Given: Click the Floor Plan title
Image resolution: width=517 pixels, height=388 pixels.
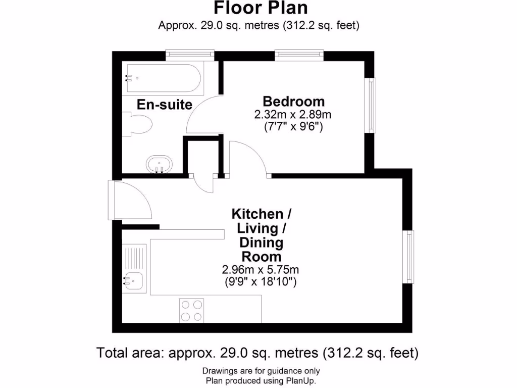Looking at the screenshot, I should [x=260, y=9].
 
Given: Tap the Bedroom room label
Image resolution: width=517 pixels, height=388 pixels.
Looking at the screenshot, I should [x=293, y=101].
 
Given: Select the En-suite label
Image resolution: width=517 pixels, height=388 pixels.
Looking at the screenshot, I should [x=165, y=105].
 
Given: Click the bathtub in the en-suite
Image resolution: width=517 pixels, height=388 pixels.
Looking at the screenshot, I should [x=163, y=78].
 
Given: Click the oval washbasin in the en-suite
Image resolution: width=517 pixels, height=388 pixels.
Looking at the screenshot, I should [x=159, y=164].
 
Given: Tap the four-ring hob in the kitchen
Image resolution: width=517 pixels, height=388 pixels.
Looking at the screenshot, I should [x=192, y=310].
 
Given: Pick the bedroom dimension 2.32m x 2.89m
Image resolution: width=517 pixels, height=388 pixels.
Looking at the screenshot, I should [x=293, y=115].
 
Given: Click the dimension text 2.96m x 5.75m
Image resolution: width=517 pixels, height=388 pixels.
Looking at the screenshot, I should [x=261, y=269].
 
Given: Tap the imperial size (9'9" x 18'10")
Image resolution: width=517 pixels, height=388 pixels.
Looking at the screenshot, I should [x=261, y=282].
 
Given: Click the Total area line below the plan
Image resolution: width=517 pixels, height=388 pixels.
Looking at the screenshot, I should [x=257, y=353].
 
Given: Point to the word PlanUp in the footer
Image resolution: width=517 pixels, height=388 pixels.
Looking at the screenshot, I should [x=301, y=381].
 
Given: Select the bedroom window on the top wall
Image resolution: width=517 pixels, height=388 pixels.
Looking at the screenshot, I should [x=299, y=54].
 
